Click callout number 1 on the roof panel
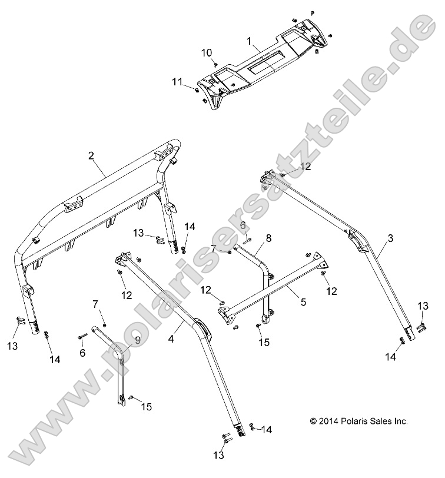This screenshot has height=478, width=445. [249, 41]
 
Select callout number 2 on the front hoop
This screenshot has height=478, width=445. [91, 156]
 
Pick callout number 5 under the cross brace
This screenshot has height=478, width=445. [304, 302]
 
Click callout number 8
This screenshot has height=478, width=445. [268, 238]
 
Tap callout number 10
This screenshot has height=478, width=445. [207, 52]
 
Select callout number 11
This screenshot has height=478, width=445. [177, 82]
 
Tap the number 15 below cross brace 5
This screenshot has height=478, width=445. [263, 342]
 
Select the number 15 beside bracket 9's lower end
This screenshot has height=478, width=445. [146, 407]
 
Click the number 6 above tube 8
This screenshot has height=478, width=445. [242, 224]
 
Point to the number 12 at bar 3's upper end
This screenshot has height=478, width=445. [305, 167]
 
